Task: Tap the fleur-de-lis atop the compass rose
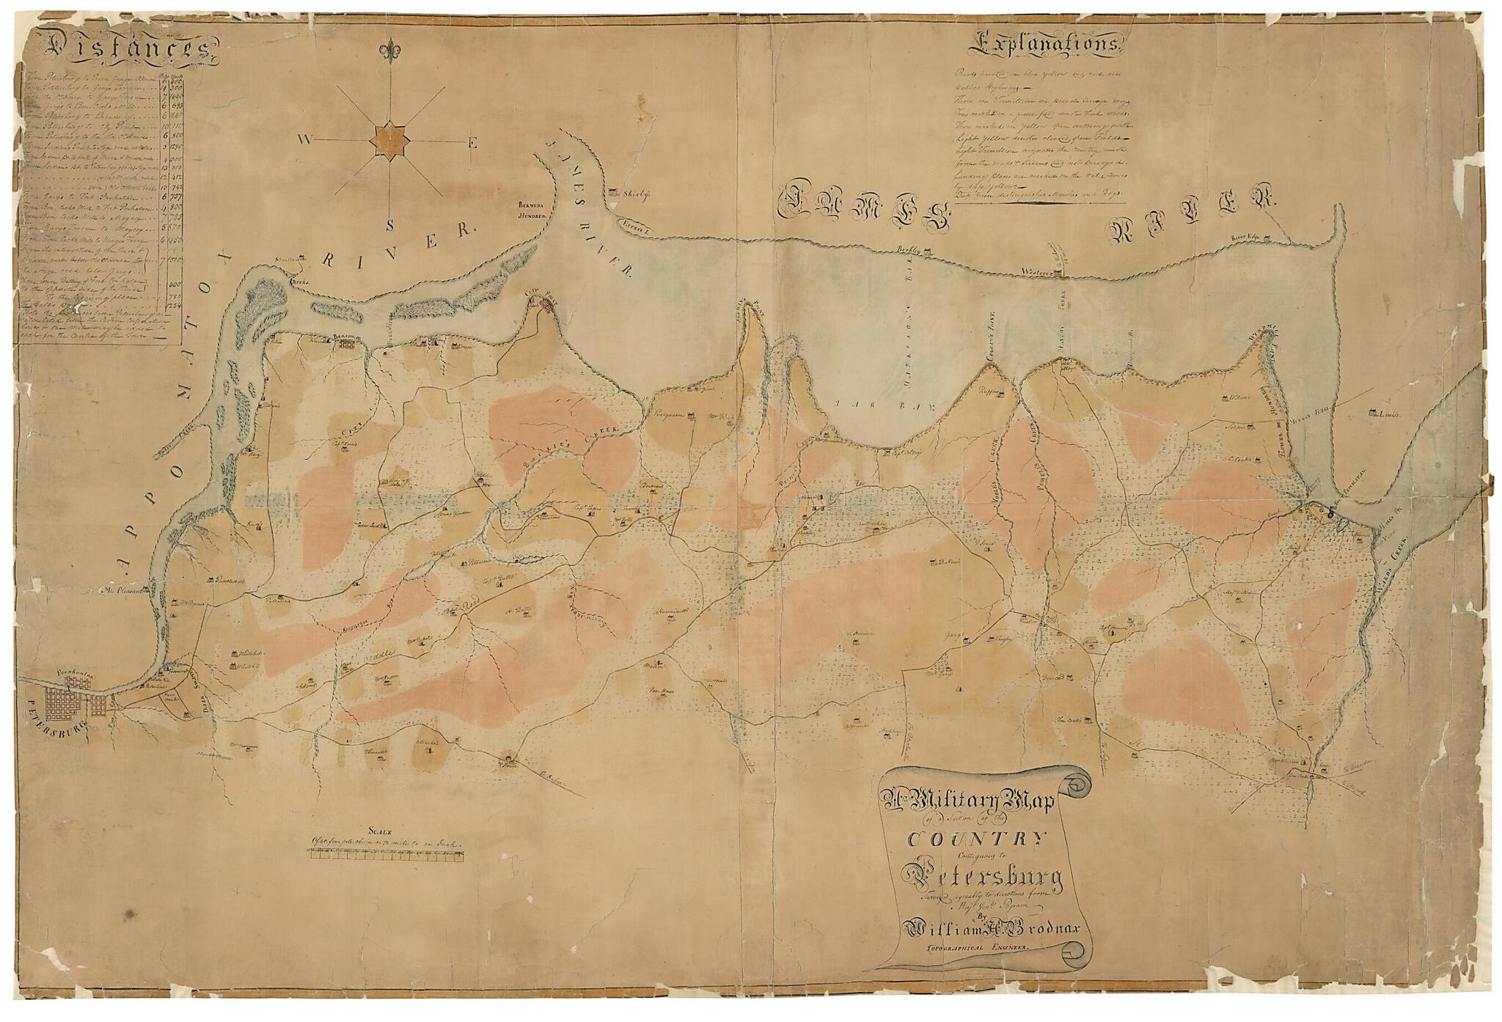click(388, 52)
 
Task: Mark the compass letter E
click(473, 144)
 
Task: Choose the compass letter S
click(389, 226)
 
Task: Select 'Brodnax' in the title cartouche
click(1041, 927)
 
